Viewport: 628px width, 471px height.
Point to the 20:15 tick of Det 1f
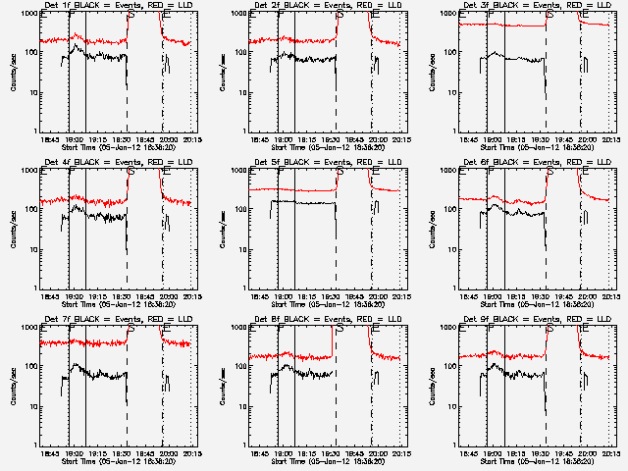[x=192, y=139]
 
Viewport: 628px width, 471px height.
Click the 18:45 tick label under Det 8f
[x=260, y=453]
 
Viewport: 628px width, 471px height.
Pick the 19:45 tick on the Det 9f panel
[x=561, y=453]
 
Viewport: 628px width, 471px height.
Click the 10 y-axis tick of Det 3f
[x=453, y=92]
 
